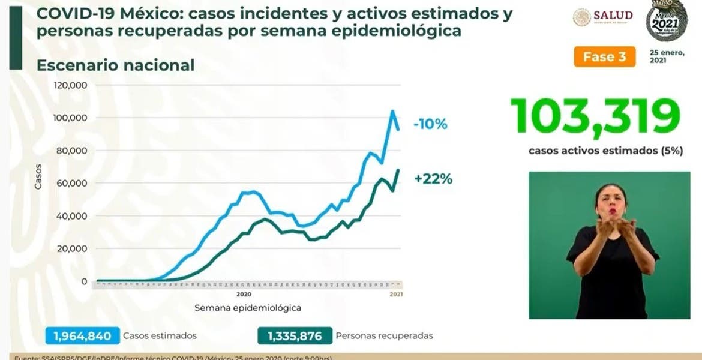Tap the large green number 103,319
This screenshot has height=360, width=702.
click(595, 116)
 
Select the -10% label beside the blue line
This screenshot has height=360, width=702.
click(430, 125)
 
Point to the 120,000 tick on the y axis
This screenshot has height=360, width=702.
click(71, 85)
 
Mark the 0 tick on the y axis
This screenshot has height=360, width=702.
click(84, 281)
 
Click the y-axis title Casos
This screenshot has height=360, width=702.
click(38, 177)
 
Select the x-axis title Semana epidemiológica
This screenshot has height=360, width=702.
click(247, 308)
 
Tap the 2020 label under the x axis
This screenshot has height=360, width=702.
click(243, 294)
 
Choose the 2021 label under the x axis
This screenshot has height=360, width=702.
click(396, 294)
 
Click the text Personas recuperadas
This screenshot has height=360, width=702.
click(385, 336)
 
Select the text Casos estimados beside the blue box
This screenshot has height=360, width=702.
click(160, 336)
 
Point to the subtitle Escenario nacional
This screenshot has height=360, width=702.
click(115, 65)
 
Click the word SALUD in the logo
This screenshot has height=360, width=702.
click(613, 15)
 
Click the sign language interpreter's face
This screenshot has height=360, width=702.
click(611, 204)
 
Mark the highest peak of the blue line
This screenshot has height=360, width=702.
click(392, 111)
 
